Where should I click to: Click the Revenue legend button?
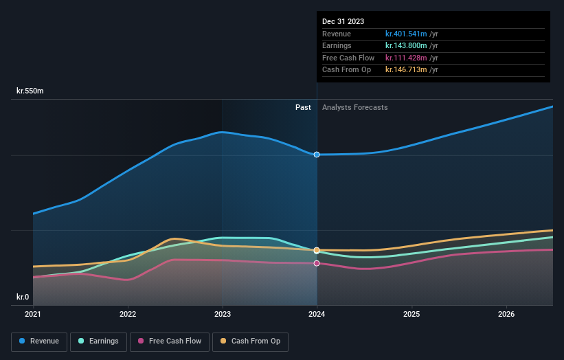(40, 341)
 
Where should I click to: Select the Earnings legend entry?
(99, 341)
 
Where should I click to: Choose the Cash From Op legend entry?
(251, 341)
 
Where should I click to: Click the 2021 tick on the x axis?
(33, 314)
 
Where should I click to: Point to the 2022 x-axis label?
(128, 314)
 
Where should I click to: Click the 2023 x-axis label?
(222, 314)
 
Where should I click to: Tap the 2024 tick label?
(317, 314)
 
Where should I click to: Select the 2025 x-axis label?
(411, 314)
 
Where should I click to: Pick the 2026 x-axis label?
(506, 314)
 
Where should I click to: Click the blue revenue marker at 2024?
(317, 155)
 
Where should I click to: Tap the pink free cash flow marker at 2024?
(317, 263)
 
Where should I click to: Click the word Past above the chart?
(303, 107)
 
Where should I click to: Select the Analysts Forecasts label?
(354, 107)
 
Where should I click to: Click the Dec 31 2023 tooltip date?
(343, 21)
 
